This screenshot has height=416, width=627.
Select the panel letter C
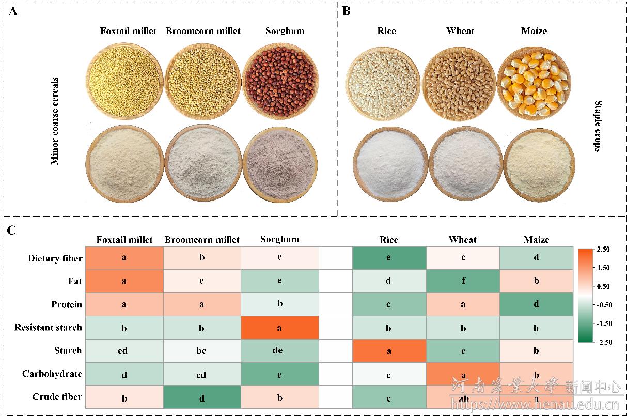[12, 230]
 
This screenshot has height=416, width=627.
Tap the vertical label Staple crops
[598, 126]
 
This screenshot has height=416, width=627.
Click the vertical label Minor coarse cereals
[55, 121]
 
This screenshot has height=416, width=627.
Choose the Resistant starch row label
[48, 327]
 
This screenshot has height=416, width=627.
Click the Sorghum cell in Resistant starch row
[279, 327]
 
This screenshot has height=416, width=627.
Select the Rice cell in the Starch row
[389, 351]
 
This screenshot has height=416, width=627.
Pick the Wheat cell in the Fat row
[463, 281]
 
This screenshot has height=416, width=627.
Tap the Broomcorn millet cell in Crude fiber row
[201, 398]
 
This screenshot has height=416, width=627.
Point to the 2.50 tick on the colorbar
[603, 249]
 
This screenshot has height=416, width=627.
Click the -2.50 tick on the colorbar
[602, 342]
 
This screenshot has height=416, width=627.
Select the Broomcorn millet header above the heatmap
[202, 240]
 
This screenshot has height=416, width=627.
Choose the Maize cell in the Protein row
[536, 304]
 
